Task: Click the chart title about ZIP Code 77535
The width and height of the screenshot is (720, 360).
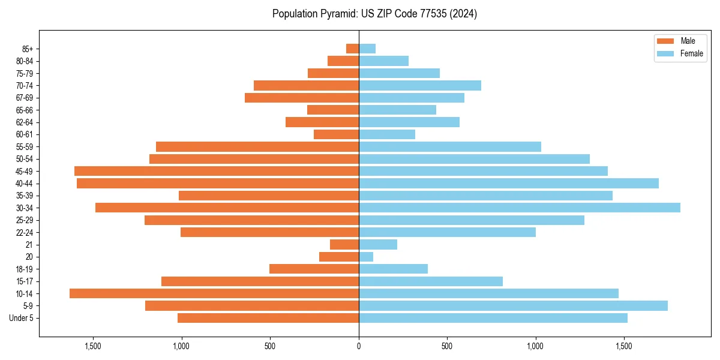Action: [x=374, y=14]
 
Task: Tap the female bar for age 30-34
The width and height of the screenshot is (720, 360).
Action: [x=519, y=208]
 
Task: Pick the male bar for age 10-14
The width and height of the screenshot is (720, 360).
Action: [x=214, y=293]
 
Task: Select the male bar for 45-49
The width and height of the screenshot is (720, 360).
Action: [x=217, y=171]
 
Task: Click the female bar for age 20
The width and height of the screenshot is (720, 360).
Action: [x=366, y=257]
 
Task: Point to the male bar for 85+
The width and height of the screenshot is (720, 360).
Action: [x=352, y=49]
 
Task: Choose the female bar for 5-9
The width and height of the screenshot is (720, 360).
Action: [x=513, y=305]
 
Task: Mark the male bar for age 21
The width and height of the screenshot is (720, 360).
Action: [x=344, y=244]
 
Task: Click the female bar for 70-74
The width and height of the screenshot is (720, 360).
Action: [x=420, y=85]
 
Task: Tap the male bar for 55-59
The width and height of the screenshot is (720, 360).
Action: [x=257, y=146]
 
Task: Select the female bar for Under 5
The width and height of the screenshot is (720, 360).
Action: [x=493, y=318]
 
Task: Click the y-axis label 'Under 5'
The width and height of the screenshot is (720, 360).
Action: [x=21, y=318]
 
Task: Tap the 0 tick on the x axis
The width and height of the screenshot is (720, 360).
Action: [x=359, y=346]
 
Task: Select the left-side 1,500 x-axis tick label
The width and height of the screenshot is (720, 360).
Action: [x=93, y=346]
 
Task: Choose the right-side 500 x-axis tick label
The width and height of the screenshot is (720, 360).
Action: [x=447, y=346]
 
